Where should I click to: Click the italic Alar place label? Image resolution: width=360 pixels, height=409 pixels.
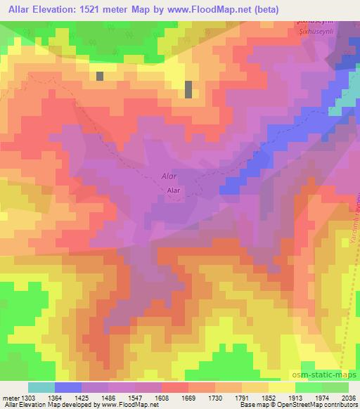169,177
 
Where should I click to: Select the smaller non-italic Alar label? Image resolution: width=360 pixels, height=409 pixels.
175,190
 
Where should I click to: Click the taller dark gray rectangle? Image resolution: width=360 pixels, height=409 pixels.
188,89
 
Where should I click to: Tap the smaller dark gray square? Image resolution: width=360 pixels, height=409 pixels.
100,76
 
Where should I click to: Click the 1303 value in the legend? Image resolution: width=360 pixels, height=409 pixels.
21,397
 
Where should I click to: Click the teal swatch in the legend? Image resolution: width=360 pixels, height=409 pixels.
41,387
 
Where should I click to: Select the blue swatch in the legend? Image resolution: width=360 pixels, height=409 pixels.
68,387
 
